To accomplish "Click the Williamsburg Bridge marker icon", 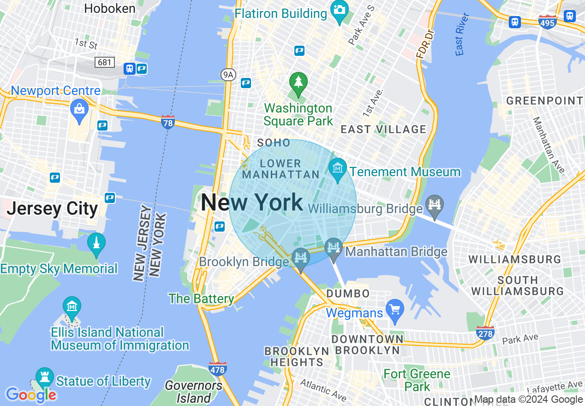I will tap(435, 204).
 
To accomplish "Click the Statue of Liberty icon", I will tap(45, 377).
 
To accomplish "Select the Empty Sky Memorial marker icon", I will tap(96, 243).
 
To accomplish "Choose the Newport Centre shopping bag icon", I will tap(79, 109).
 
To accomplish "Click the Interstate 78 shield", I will tap(168, 122).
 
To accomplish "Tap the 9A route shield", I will tap(228, 74).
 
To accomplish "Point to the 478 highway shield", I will tap(217, 369).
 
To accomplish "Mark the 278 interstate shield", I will tap(485, 332).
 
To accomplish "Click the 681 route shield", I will tap(105, 62).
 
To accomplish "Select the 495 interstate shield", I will tap(548, 21).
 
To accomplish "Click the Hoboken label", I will tap(110, 8).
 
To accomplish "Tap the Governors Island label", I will tap(193, 391).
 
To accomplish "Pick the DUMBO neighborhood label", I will tap(348, 293).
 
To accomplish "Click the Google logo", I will tap(31, 395).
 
